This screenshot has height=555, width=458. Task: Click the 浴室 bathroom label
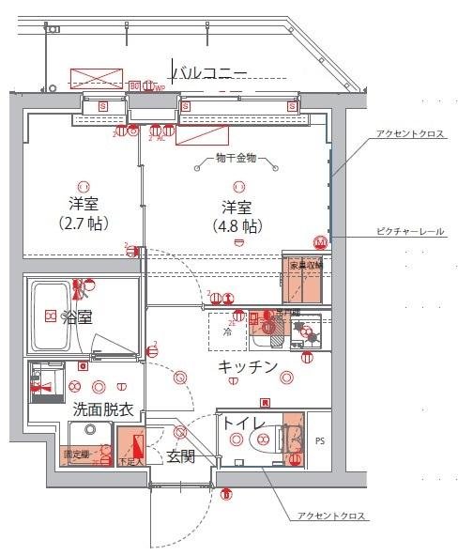coord(76,316)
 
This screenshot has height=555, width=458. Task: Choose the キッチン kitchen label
coord(248,366)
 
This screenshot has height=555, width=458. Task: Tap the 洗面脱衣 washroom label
coord(103,409)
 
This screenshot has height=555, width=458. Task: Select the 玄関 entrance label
coord(180,457)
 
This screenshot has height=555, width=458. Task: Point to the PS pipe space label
coord(320,439)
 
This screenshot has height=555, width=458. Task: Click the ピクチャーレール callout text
coord(410,231)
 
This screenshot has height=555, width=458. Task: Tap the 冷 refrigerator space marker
coord(227,331)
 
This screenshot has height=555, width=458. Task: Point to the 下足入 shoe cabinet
coord(130,449)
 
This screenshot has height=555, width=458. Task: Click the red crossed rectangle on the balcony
coord(96,78)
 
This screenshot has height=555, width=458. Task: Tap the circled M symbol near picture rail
coord(319,241)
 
